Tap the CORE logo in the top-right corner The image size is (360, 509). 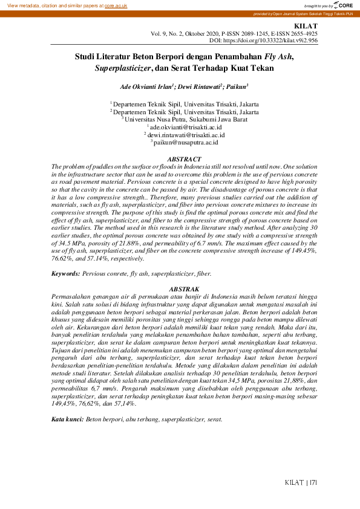click(x=342, y=5)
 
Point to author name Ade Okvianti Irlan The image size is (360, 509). click(x=146, y=87)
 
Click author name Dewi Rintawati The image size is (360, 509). click(x=200, y=87)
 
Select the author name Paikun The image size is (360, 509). click(x=237, y=87)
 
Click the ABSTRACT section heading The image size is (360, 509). click(x=180, y=158)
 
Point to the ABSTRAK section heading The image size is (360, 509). click(x=180, y=290)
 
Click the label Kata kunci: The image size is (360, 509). click(x=67, y=419)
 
